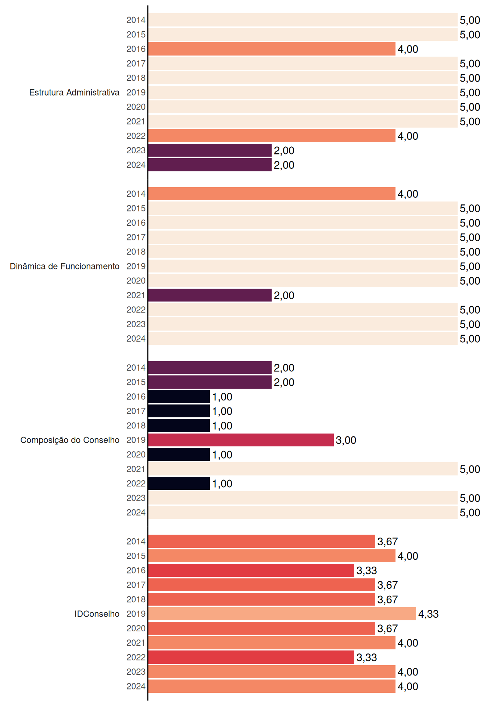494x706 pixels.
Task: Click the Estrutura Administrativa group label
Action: click(74, 93)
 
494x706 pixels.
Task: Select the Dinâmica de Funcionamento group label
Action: click(65, 266)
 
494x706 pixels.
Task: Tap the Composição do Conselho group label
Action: click(70, 440)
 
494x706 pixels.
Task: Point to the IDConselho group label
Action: click(97, 614)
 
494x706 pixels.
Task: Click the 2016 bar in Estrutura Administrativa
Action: click(272, 49)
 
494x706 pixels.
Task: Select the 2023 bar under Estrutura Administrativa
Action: click(210, 150)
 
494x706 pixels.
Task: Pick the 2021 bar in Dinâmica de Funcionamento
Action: click(210, 295)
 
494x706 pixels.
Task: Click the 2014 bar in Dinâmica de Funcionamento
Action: click(272, 194)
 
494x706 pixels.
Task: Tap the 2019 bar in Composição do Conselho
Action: click(241, 440)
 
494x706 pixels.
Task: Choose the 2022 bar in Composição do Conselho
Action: click(179, 484)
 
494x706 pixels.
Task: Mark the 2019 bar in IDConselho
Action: click(282, 614)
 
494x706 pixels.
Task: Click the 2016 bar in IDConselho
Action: click(251, 570)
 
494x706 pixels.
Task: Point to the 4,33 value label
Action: click(429, 614)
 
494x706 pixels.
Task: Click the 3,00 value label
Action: click(346, 440)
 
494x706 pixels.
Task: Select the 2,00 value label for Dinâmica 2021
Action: click(284, 295)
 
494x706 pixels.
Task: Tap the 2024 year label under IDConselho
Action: click(136, 687)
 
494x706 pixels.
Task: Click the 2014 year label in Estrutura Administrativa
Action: click(136, 20)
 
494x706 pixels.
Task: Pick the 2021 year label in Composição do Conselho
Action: click(136, 469)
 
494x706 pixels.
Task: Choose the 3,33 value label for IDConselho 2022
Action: click(367, 657)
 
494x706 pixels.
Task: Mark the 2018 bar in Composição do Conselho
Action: click(179, 426)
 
